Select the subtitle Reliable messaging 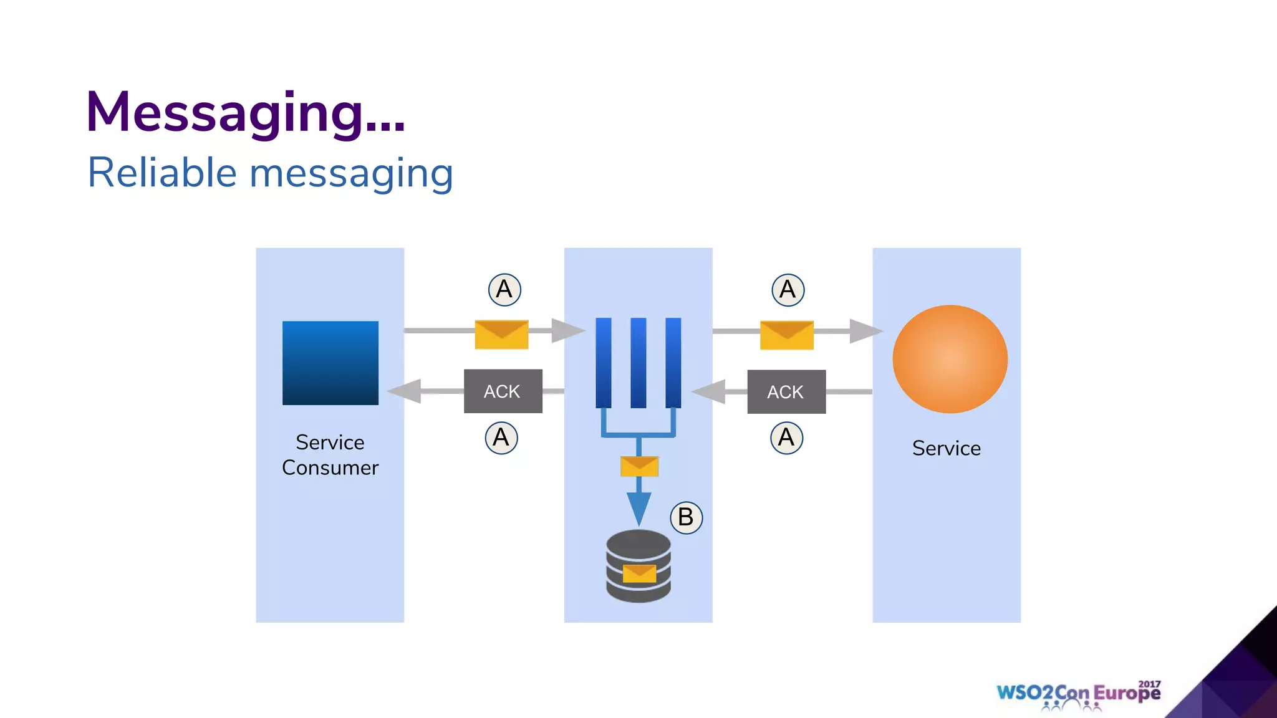(x=270, y=173)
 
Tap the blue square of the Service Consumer (x=330, y=363)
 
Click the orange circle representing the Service (x=950, y=359)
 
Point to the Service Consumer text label (x=330, y=455)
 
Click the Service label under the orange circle (x=946, y=448)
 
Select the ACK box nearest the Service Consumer (x=503, y=391)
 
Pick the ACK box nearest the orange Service (x=786, y=392)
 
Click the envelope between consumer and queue (x=501, y=335)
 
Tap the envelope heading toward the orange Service (x=786, y=335)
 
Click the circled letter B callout (x=686, y=517)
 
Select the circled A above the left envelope (x=504, y=290)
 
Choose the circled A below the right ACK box (x=786, y=438)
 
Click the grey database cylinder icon (x=638, y=566)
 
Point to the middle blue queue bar (x=638, y=363)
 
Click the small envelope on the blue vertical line (x=639, y=466)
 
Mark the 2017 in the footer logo (x=1149, y=684)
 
